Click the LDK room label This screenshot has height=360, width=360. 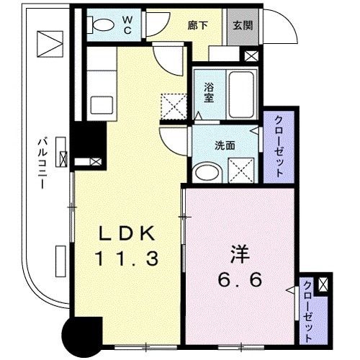point(127,235)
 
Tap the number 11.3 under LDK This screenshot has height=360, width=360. point(127,258)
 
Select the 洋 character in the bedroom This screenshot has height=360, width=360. point(239,255)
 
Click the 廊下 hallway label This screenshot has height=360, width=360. point(197,24)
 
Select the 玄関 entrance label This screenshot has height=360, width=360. point(242,24)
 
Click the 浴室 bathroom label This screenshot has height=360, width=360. point(208,94)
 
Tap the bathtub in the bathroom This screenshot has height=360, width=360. point(241,94)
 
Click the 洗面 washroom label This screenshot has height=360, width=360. point(223,144)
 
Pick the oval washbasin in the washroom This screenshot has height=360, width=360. point(209,172)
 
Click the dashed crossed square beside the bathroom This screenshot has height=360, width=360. point(173,105)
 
